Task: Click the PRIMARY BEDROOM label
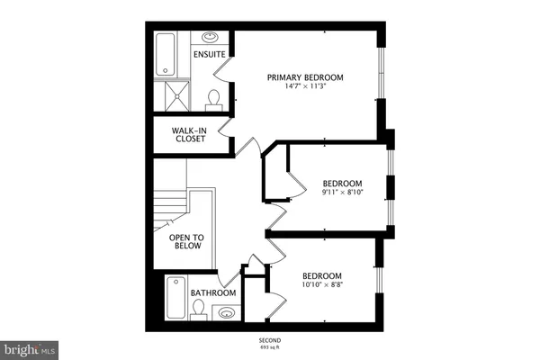coord(305,76)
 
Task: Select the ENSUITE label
coord(209,54)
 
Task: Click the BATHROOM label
coord(213,293)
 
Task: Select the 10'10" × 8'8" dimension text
coord(321,285)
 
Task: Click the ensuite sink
coord(209,38)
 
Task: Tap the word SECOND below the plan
coord(270,340)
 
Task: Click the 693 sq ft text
coord(270,347)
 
